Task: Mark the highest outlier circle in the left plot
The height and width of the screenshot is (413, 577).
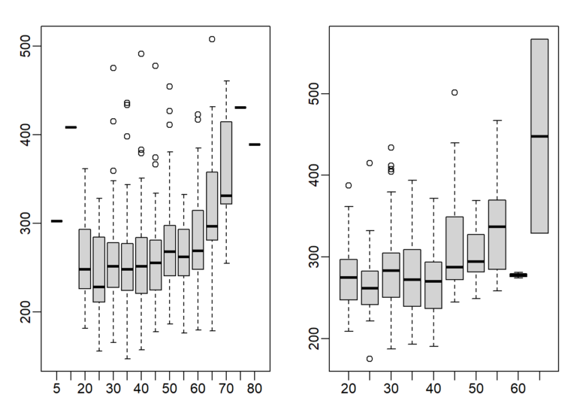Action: pos(212,39)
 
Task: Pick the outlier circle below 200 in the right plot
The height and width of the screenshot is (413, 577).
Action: pos(370,359)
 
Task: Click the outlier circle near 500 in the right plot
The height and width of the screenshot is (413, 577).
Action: pos(455,93)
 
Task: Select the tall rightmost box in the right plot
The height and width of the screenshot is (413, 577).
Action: pos(539,136)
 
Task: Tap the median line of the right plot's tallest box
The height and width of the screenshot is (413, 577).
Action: pos(539,136)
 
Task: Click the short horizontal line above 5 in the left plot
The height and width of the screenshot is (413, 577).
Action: pos(56,221)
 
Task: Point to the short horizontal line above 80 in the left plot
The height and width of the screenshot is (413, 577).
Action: pos(255,144)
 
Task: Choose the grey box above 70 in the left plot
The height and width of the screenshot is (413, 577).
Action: pos(226,163)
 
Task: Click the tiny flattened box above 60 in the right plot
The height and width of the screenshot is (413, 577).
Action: pos(518,275)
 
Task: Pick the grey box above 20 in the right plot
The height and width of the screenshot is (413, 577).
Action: pos(349,280)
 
